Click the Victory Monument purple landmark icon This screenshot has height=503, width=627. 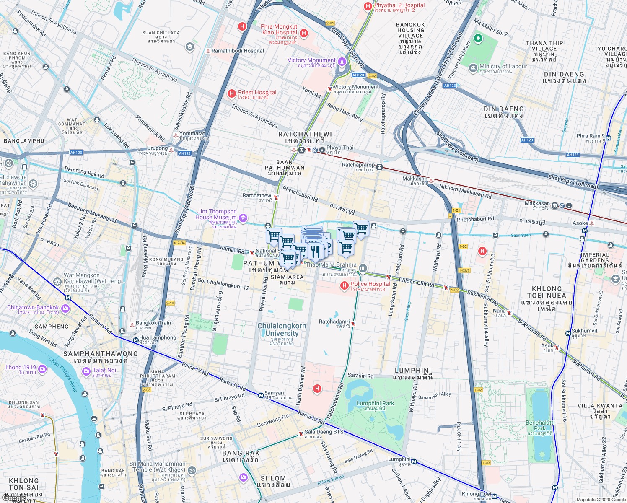pos(342,62)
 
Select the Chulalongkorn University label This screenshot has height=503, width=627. pos(282,330)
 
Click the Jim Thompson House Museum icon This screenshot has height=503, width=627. pos(243,218)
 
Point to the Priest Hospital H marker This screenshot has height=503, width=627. pos(231,93)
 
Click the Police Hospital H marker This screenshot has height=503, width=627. pos(344,285)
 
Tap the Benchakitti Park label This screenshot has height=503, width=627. pos(540,425)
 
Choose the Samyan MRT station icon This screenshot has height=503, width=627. pos(261,395)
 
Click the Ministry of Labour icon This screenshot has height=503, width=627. pos(473,67)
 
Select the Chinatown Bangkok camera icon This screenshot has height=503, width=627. pos(65,309)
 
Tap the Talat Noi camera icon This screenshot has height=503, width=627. pos(86,371)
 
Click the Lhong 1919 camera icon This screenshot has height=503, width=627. pos(42,369)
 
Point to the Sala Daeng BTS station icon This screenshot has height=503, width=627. pos(301,434)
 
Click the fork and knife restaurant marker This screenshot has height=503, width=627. pos(315,251)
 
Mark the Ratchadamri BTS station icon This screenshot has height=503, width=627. pos(353,323)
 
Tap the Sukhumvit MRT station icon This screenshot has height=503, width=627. pos(568,333)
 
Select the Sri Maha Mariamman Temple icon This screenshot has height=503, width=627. pos(192,470)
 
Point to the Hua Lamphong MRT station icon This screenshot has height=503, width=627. pos(136,340)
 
